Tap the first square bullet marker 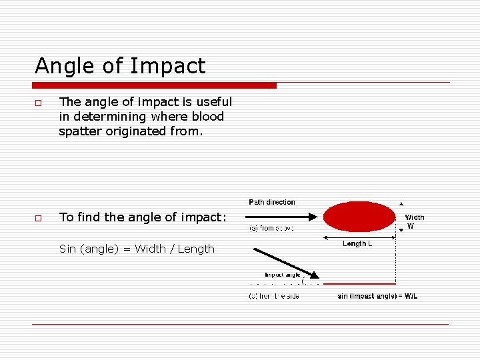coord(39,103)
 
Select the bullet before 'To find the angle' coord(39,219)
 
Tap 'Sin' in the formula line coord(67,249)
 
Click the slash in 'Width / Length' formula coord(171,249)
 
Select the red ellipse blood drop coord(359,217)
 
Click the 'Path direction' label coord(271,202)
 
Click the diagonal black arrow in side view coord(285,261)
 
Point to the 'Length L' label coord(357,244)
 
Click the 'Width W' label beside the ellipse coord(414,221)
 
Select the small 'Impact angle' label coord(283,274)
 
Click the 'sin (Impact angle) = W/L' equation coord(377,296)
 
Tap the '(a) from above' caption coord(271,228)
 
